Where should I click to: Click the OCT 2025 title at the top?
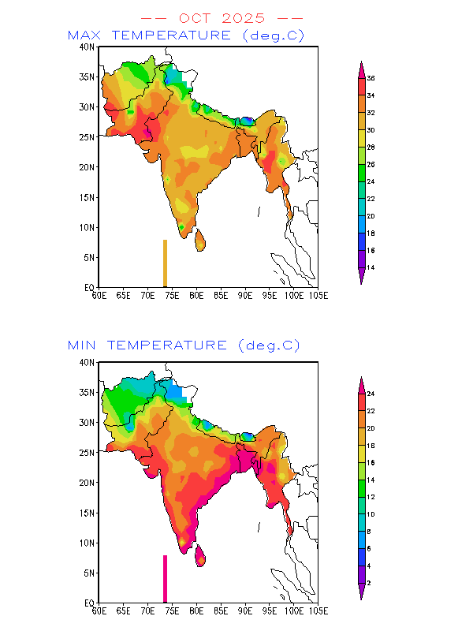[221, 18]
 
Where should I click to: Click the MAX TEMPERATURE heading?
[186, 35]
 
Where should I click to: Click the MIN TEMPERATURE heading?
[184, 345]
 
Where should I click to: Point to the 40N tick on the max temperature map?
[88, 47]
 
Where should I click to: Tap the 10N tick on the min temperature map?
[88, 543]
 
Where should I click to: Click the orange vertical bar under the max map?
[165, 263]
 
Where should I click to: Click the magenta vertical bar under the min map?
[165, 579]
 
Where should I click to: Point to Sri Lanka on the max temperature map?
[200, 239]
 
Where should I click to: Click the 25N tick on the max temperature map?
[88, 137]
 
